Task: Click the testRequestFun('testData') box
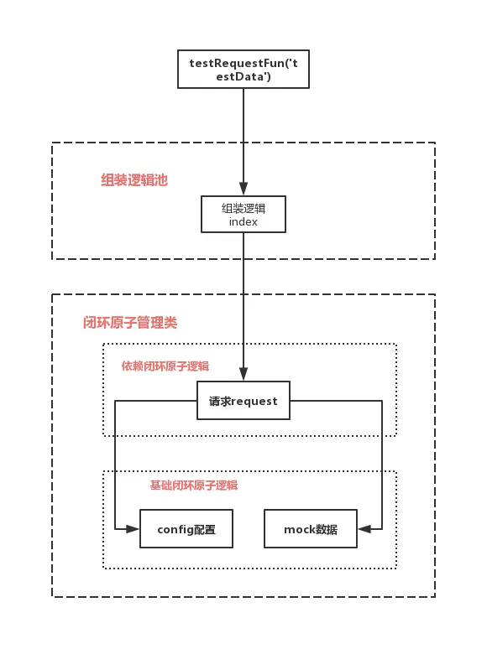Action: tap(243, 69)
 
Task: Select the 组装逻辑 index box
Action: tap(243, 214)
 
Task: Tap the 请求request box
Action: tap(243, 400)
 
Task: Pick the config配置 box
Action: tap(186, 528)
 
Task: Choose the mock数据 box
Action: tap(311, 528)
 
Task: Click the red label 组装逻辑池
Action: tap(134, 180)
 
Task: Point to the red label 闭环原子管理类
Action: tap(130, 323)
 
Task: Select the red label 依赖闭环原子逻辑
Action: tap(165, 366)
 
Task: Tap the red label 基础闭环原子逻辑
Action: tap(194, 485)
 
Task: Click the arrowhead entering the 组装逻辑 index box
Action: tap(243, 189)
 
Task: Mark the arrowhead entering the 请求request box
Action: tap(243, 374)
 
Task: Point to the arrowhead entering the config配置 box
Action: tap(133, 529)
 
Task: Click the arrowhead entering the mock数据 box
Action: tap(364, 529)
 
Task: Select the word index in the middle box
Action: tap(243, 222)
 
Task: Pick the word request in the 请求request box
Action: tap(254, 402)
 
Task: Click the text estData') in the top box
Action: tap(243, 76)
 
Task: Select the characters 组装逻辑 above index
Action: tap(243, 208)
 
